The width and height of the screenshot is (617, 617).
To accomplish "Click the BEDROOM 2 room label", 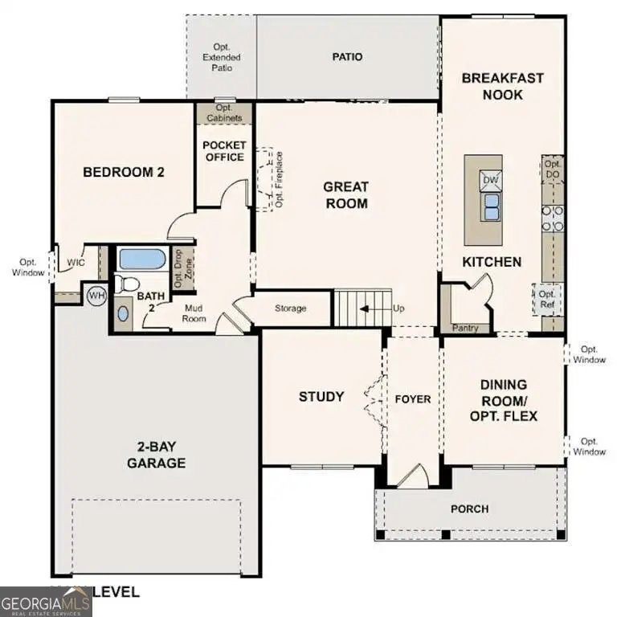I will (x=124, y=171).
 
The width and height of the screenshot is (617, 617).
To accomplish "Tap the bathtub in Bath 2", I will (x=141, y=259).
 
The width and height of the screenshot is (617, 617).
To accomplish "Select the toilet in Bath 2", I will (x=125, y=283).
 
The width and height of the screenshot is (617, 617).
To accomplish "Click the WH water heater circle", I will (x=96, y=296).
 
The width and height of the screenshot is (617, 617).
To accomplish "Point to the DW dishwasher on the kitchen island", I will (x=490, y=180).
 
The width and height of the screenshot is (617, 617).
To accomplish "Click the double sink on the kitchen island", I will (x=490, y=206).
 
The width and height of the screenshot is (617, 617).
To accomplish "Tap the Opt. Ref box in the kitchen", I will (x=547, y=300).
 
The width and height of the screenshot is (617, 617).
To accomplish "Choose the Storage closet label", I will (x=291, y=308).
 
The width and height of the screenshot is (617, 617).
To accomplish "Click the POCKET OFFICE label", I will (x=224, y=151).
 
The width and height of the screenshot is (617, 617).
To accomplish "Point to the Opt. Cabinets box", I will (x=224, y=112).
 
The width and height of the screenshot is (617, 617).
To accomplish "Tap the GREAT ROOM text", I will (x=345, y=195).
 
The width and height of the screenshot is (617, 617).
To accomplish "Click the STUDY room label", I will (x=321, y=396).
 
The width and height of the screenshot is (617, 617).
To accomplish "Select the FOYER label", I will (x=413, y=399).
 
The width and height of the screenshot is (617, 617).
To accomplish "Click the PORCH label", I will (x=469, y=509).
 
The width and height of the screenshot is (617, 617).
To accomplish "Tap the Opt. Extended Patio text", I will (x=222, y=58).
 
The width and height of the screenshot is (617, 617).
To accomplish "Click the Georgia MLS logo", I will (x=45, y=601).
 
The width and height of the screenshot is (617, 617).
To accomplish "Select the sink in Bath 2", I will (x=122, y=313).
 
